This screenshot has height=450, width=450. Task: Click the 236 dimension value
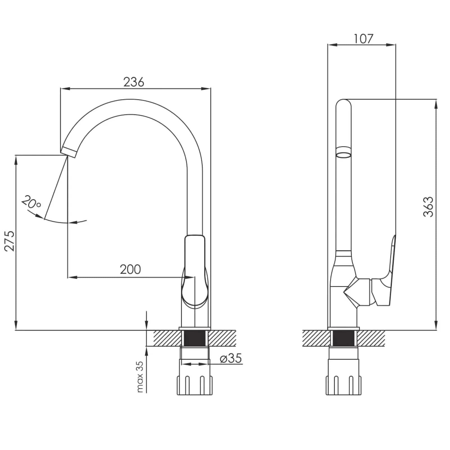(x=134, y=82)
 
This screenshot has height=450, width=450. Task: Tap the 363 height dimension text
(x=428, y=207)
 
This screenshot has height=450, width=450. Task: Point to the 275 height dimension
(x=9, y=241)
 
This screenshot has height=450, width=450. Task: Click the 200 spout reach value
(x=130, y=269)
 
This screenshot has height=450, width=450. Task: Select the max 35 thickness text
(x=140, y=377)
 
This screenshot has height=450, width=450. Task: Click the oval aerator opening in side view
(x=344, y=154)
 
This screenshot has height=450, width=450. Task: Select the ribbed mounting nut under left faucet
(x=194, y=385)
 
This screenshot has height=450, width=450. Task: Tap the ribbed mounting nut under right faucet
(x=343, y=385)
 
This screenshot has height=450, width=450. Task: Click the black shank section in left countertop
(x=194, y=338)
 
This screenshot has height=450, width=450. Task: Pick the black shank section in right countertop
(x=343, y=338)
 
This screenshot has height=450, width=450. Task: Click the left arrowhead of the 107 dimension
(x=332, y=45)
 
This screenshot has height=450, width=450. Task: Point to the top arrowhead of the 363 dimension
(x=436, y=104)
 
